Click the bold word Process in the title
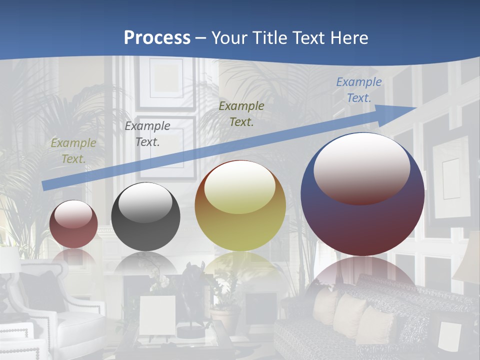click(x=157, y=37)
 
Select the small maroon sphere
click(x=73, y=224)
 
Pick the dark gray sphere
click(x=145, y=217)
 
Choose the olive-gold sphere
click(x=240, y=206)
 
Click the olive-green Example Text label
click(x=73, y=151)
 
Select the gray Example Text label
click(x=147, y=133)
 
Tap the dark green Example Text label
click(x=241, y=113)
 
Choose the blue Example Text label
click(x=358, y=90)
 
